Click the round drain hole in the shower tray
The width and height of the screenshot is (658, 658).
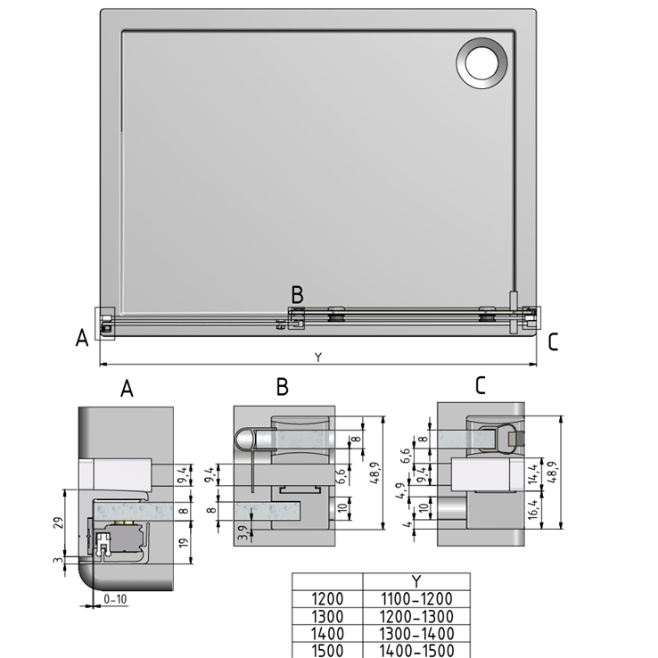[481, 63]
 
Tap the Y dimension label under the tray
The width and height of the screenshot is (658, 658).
[318, 358]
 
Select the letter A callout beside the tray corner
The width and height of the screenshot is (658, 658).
[82, 338]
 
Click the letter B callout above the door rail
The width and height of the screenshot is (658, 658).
[297, 294]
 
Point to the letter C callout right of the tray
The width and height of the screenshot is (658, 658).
[553, 342]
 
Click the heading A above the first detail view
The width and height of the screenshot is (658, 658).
[127, 388]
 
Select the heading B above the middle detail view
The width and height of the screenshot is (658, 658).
[283, 386]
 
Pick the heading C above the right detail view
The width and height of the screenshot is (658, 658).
[481, 385]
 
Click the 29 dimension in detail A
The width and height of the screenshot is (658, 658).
[59, 522]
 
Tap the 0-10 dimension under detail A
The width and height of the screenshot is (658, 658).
[115, 599]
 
